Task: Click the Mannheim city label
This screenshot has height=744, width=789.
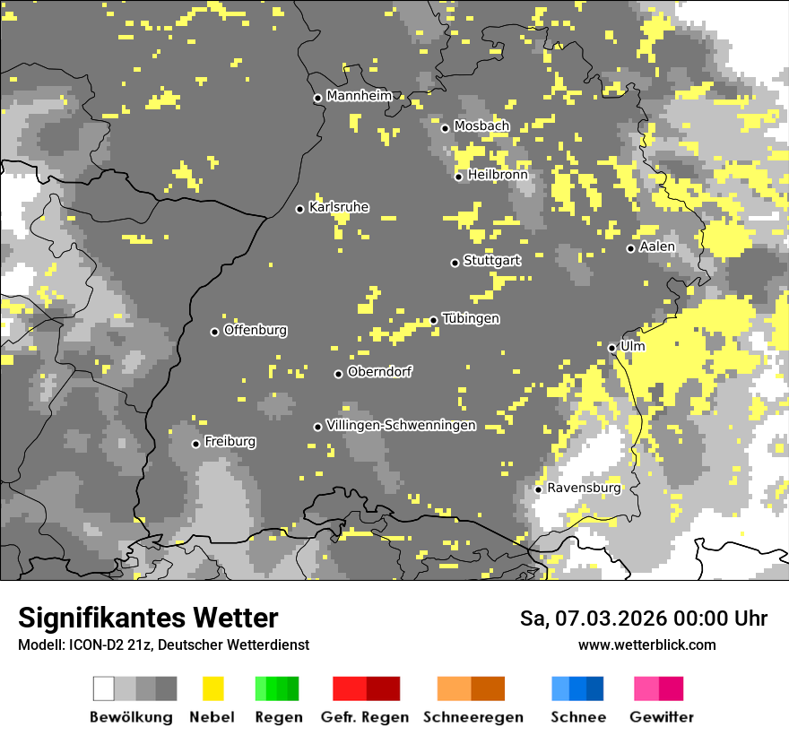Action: (x=359, y=96)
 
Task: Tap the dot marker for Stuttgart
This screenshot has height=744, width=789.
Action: (x=455, y=263)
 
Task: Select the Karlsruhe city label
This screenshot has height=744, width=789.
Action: (x=339, y=207)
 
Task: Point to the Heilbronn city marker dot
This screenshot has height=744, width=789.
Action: (x=459, y=177)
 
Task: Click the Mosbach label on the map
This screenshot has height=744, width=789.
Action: (x=481, y=126)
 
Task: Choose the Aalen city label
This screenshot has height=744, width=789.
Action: (x=657, y=247)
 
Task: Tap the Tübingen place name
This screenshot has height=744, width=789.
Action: (x=471, y=319)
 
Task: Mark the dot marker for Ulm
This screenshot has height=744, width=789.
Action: (x=612, y=348)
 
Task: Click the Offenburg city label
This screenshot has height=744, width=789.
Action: (x=256, y=330)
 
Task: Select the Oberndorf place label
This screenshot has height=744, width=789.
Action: (x=380, y=372)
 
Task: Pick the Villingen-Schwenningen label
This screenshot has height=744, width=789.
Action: (x=401, y=425)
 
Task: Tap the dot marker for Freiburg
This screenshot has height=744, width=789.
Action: (x=196, y=444)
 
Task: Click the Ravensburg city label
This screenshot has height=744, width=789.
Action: (x=584, y=488)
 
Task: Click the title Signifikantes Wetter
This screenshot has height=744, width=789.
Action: (x=148, y=618)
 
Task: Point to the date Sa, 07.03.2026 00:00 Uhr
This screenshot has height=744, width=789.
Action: (x=644, y=619)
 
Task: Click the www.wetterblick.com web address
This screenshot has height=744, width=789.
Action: (x=646, y=645)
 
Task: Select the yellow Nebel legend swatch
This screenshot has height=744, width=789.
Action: (x=212, y=688)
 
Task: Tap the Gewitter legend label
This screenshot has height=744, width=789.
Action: (x=662, y=717)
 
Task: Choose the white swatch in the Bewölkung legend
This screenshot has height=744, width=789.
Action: (x=104, y=688)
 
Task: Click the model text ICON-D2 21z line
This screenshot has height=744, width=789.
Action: (x=163, y=645)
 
